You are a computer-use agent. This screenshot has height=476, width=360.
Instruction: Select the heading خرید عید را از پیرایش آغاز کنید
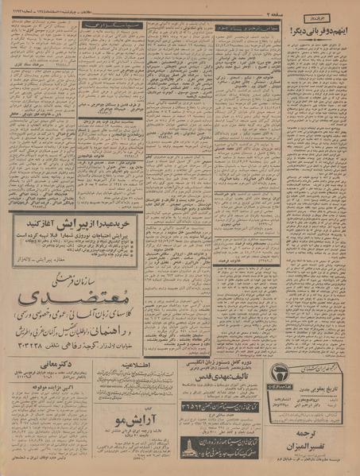tap(75, 223)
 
